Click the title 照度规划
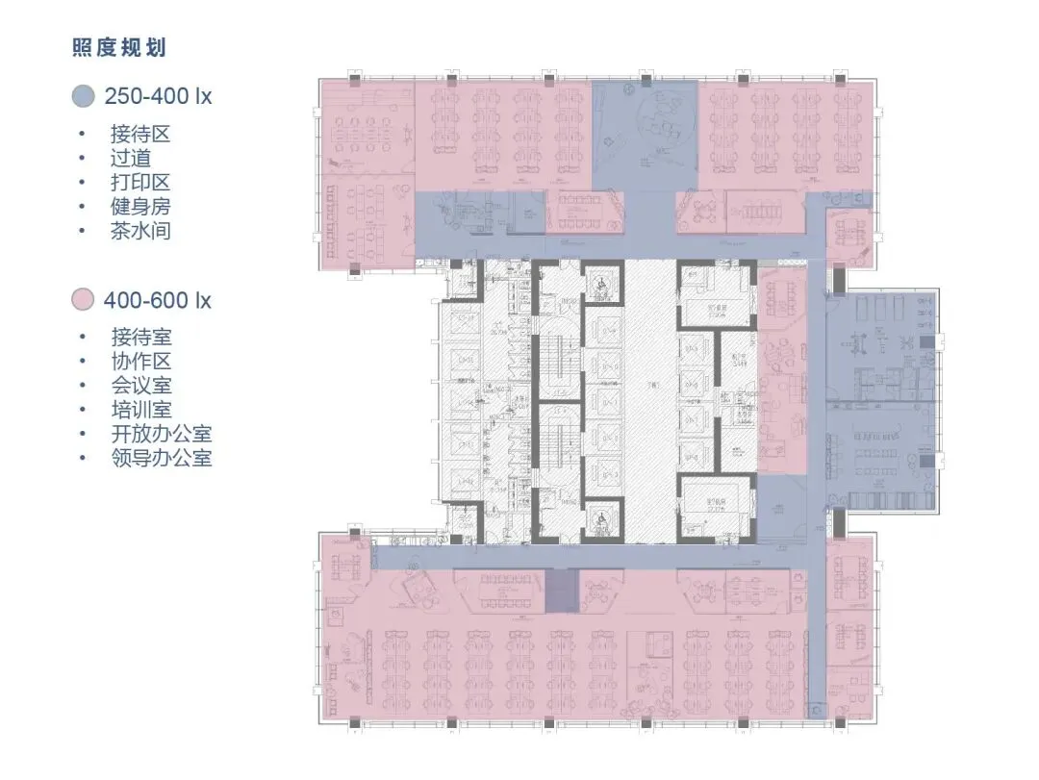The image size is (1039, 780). pyautogui.click(x=125, y=48)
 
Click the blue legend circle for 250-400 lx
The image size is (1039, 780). pyautogui.click(x=83, y=96)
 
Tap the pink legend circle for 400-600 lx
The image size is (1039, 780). pyautogui.click(x=83, y=300)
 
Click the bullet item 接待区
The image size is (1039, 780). pyautogui.click(x=140, y=134)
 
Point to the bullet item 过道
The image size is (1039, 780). pyautogui.click(x=130, y=158)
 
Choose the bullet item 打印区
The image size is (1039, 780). pyautogui.click(x=140, y=182)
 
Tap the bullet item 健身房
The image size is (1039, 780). pyautogui.click(x=140, y=206)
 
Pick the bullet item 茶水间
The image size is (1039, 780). pyautogui.click(x=140, y=230)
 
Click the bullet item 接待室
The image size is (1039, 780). pyautogui.click(x=140, y=338)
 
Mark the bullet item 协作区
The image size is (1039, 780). pyautogui.click(x=140, y=362)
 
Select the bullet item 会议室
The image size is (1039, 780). pyautogui.click(x=140, y=386)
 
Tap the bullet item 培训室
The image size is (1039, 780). pyautogui.click(x=140, y=410)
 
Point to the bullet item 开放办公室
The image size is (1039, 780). pyautogui.click(x=161, y=434)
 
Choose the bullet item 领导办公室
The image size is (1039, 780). pyautogui.click(x=161, y=458)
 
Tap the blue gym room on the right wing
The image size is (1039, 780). pyautogui.click(x=879, y=346)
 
